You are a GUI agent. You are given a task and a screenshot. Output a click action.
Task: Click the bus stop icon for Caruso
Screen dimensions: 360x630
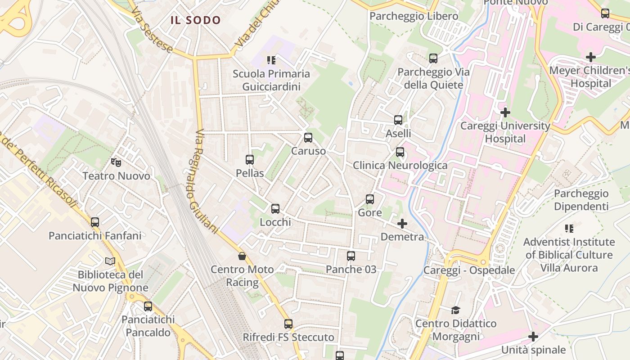coord(308,138)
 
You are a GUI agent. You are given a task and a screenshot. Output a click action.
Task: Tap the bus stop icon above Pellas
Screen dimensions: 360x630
coord(250,159)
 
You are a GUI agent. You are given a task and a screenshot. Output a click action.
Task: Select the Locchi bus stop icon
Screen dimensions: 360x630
coord(275,209)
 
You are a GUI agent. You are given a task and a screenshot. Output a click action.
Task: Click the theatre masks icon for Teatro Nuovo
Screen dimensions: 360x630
coord(116,162)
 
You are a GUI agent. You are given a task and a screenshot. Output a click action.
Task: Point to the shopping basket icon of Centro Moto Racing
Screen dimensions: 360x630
coord(242,256)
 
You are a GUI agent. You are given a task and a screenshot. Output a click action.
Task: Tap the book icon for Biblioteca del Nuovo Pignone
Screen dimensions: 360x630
coord(110,261)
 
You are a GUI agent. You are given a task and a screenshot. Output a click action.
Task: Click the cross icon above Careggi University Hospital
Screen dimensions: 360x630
coord(505,112)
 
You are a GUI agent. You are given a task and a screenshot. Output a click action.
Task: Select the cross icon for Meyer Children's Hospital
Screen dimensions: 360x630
coord(591,57)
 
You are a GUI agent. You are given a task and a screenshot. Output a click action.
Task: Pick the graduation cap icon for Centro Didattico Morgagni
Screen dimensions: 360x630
coord(456,310)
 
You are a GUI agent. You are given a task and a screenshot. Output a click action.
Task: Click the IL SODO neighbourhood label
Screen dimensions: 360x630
coord(196,20)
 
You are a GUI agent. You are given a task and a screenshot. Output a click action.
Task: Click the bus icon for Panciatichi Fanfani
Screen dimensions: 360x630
coord(95,222)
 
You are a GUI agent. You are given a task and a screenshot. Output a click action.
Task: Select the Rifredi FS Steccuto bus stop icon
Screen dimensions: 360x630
coord(288,324)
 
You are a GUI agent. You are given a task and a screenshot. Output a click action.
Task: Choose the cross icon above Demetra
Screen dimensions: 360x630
coord(402,223)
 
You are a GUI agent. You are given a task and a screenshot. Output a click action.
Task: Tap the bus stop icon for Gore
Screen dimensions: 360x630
coord(370,199)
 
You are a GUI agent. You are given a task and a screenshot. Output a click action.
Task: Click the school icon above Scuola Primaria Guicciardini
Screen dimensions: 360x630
coord(271,60)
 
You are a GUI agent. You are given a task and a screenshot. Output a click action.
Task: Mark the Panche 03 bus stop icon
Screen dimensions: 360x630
coord(351,256)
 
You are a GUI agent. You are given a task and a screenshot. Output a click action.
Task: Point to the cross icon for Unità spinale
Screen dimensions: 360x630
coord(533,337)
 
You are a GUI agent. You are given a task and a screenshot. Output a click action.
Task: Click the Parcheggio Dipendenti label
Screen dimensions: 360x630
coord(581,200)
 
